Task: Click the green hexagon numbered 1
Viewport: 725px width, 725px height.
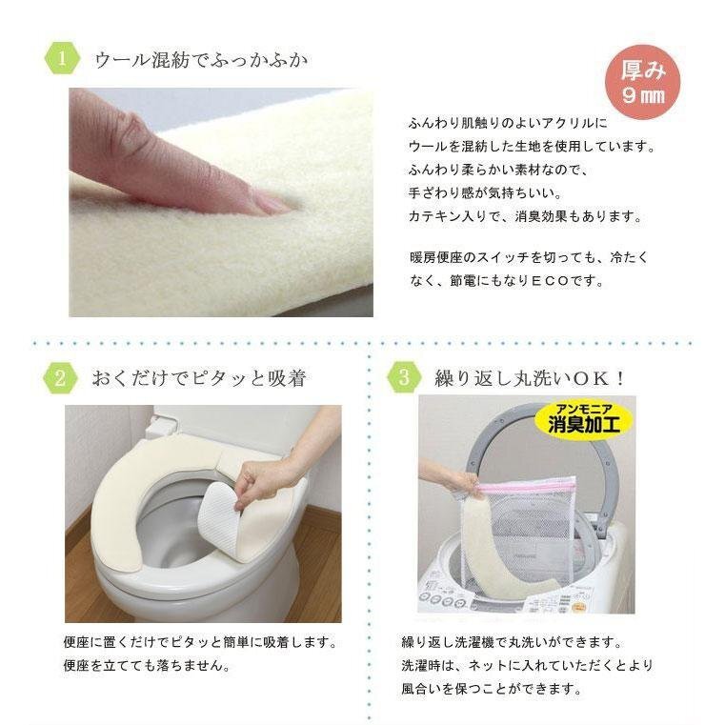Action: (x=62, y=59)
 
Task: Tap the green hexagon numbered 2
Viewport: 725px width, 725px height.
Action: (x=61, y=378)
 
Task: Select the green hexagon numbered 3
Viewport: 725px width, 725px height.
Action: (x=404, y=377)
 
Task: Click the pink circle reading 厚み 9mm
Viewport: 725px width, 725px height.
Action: (x=643, y=82)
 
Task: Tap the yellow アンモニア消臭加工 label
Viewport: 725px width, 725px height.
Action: (x=584, y=419)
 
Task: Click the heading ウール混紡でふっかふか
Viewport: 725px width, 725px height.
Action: (x=201, y=60)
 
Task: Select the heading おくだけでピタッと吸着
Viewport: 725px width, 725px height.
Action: (x=199, y=378)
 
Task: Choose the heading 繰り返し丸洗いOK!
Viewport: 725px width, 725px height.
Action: (x=530, y=378)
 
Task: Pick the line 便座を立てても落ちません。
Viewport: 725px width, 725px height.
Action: (x=147, y=666)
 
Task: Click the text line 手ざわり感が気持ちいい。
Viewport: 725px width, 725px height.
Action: (x=486, y=192)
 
